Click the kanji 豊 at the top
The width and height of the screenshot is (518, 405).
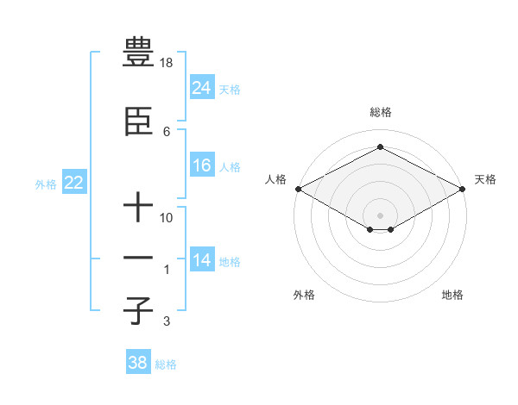tap(138, 53)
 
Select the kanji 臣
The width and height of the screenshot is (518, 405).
tap(138, 123)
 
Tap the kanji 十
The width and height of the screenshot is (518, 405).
tap(138, 207)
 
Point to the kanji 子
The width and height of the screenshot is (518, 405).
tap(138, 310)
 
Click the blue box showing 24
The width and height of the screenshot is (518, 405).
tap(202, 88)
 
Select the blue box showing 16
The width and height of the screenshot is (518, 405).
tap(202, 166)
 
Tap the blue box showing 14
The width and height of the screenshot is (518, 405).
tap(202, 261)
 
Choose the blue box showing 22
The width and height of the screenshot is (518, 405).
tap(73, 184)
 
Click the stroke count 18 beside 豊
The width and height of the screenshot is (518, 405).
tap(167, 63)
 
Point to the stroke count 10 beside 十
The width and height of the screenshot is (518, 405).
tap(167, 218)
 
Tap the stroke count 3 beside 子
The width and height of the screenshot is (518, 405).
tap(166, 322)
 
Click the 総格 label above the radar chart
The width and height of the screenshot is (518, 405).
tap(380, 113)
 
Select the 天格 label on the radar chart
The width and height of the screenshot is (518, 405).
tap(485, 179)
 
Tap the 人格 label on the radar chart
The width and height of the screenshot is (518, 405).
tap(275, 179)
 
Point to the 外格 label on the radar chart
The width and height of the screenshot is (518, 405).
tap(304, 295)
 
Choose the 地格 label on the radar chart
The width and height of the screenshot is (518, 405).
tap(452, 295)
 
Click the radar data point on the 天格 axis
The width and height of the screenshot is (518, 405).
tap(463, 189)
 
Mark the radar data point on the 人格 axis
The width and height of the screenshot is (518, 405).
tap(298, 189)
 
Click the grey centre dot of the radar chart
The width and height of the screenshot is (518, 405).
tap(380, 215)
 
